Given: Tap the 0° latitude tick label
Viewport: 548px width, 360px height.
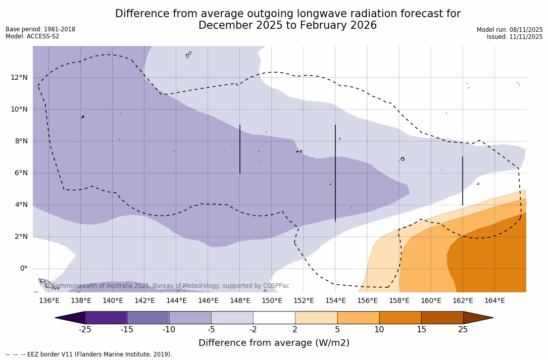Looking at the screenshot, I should (23, 269).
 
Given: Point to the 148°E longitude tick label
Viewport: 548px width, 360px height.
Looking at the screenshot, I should (240, 301).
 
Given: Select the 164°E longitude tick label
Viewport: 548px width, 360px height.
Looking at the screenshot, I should (494, 301).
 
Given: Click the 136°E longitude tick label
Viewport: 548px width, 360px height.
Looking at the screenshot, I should (49, 301).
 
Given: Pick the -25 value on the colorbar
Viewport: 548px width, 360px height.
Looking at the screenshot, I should (85, 330).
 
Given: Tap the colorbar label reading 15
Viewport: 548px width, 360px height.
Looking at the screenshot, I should (421, 330).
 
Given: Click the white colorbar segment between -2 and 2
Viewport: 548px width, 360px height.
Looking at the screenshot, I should (274, 318).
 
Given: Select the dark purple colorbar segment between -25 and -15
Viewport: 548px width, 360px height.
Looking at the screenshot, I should (106, 318).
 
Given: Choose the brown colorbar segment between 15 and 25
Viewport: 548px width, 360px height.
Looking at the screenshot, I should (442, 318).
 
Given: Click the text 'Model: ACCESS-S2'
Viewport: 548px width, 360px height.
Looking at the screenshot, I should (32, 36).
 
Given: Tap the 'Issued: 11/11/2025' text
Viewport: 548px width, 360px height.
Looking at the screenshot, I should (515, 37).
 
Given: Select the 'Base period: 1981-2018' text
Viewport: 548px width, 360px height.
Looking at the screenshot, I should (40, 29).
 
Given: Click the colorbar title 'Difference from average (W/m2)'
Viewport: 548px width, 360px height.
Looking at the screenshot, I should (274, 343).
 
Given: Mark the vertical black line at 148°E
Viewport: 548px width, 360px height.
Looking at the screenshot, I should (240, 149).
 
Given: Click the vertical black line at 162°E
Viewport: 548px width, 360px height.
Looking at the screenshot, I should (463, 181).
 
